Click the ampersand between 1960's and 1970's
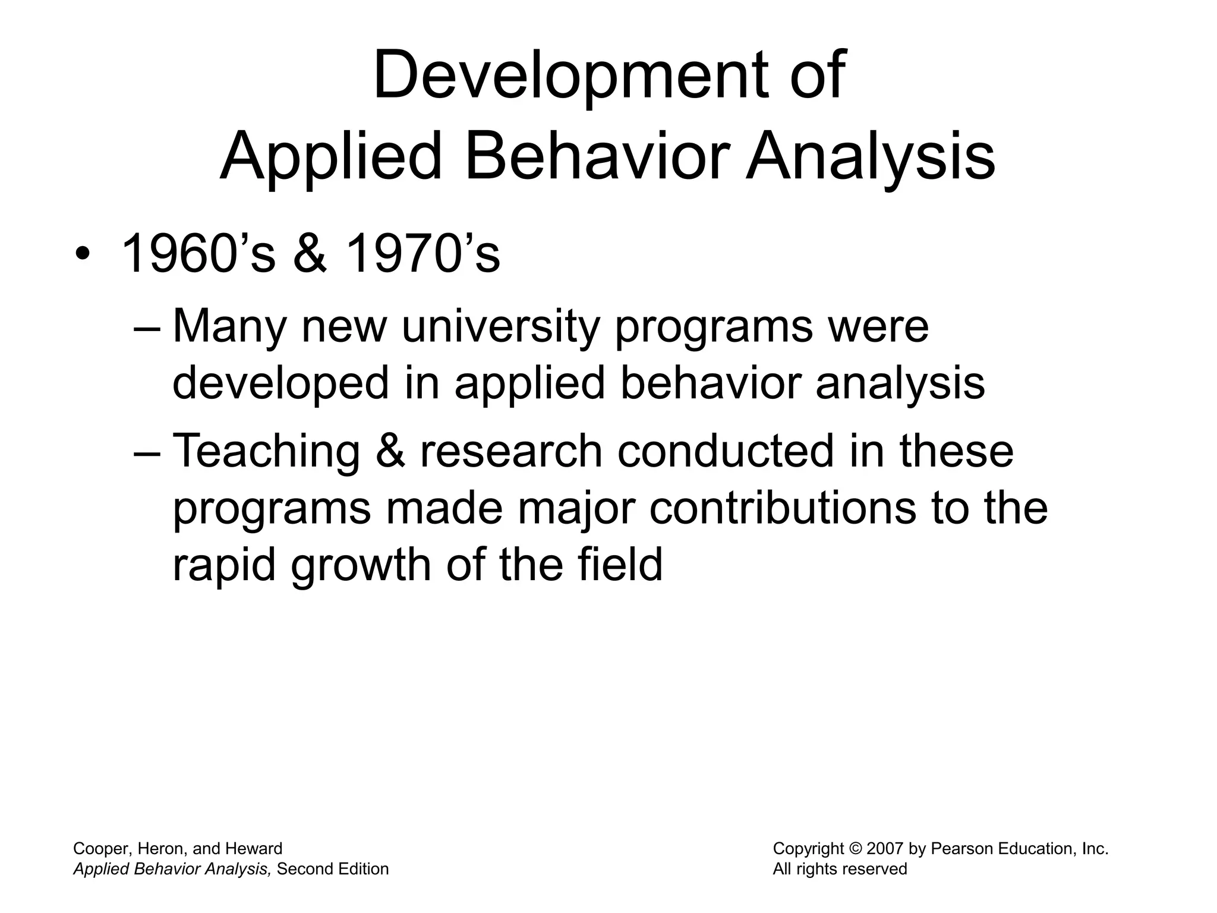310,254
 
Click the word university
500,327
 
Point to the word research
511,451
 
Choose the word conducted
726,451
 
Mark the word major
575,509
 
